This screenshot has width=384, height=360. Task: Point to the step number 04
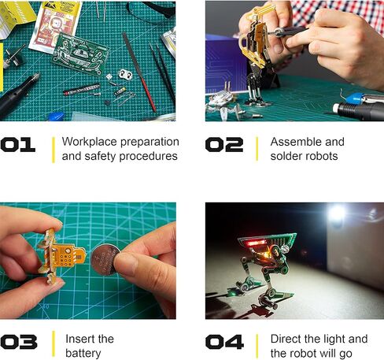click(223, 343)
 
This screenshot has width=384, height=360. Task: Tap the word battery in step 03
click(83, 353)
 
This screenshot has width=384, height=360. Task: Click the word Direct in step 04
click(287, 339)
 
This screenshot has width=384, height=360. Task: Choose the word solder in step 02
click(287, 156)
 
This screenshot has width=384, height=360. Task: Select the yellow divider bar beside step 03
click(53, 343)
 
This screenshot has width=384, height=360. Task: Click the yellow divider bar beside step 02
click(257, 148)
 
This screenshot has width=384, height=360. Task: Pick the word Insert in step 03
click(79, 339)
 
